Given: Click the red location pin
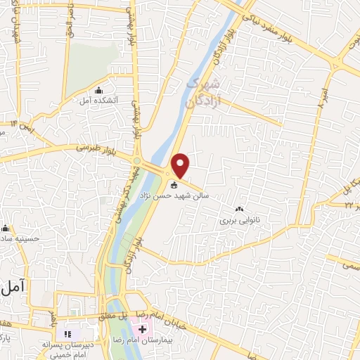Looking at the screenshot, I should (x=181, y=165).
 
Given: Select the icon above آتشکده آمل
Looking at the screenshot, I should (x=98, y=90).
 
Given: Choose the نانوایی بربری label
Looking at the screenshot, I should (x=240, y=220).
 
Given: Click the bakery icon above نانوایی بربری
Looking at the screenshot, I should (x=240, y=210).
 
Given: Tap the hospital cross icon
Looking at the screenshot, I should (x=143, y=329).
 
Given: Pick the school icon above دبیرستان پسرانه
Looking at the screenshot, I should (x=69, y=333).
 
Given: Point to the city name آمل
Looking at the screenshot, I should (x=13, y=287).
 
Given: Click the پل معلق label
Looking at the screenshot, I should (x=112, y=317).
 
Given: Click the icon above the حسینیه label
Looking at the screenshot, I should (x=6, y=228).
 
